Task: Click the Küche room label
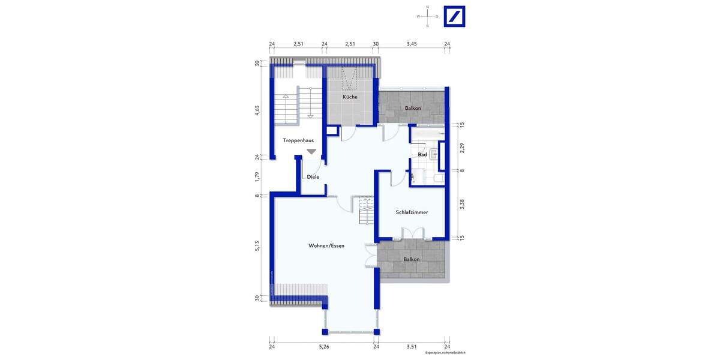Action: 350,97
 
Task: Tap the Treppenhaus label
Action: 298,140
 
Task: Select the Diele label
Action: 313,177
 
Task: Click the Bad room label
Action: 422,155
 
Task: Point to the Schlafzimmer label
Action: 412,212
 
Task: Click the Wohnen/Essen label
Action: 326,246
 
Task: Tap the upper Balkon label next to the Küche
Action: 412,108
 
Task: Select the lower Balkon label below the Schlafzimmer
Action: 412,259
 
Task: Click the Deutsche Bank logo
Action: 454,16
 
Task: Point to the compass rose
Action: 427,16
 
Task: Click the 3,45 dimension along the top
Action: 411,44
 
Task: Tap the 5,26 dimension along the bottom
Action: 324,347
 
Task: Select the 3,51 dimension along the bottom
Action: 412,347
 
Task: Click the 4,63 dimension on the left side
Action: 257,110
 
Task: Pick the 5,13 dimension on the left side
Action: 257,245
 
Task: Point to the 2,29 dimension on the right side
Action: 461,147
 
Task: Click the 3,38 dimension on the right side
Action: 461,204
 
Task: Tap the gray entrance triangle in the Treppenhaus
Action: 311,152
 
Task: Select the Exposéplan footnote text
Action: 446,353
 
